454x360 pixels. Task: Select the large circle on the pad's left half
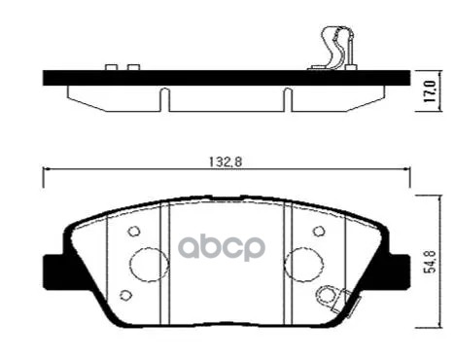pyautogui.click(x=149, y=264)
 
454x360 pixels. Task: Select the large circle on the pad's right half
pyautogui.click(x=303, y=264)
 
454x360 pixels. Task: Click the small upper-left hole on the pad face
pyautogui.click(x=134, y=232)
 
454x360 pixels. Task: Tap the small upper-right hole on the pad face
pyautogui.click(x=318, y=232)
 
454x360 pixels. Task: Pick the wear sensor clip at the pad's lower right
pyautogui.click(x=335, y=298)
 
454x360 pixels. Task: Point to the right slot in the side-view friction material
pyautogui.click(x=287, y=99)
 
